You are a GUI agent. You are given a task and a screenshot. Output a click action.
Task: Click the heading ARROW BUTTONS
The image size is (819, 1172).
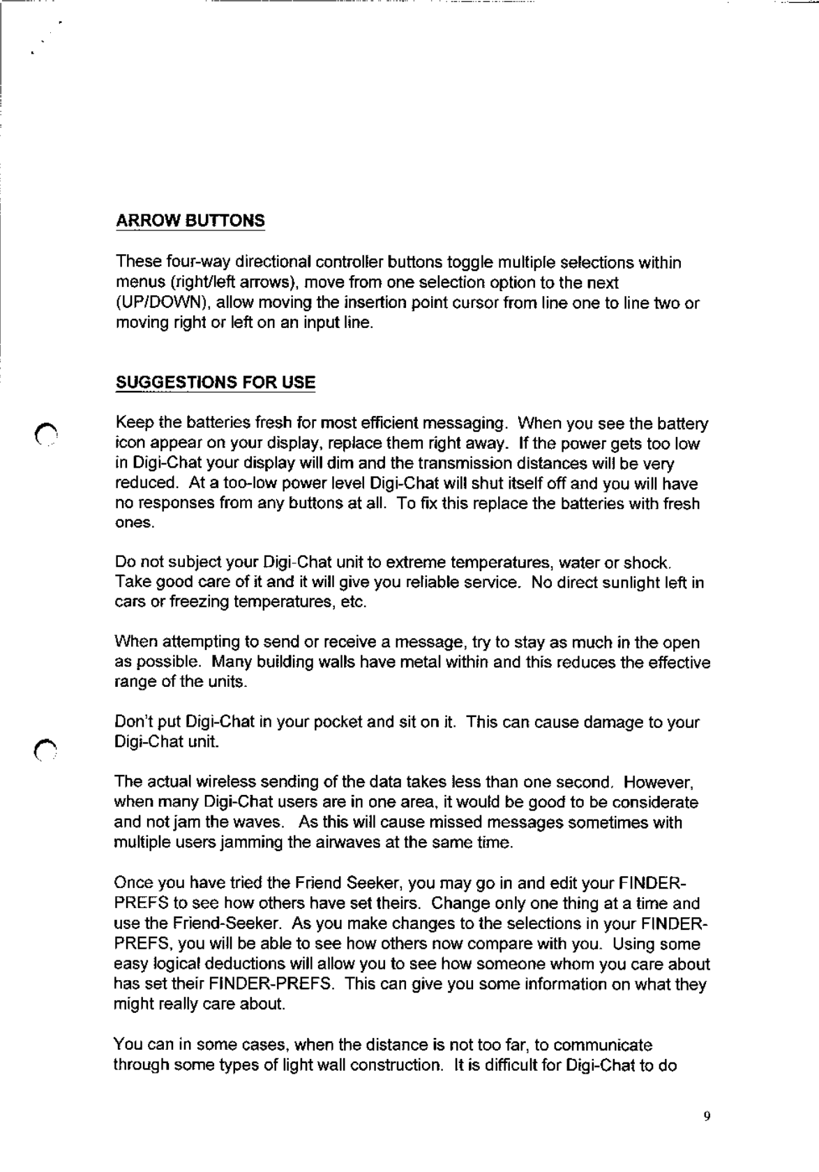coord(190,221)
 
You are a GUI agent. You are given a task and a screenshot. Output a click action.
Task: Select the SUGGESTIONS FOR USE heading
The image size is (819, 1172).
coord(215,383)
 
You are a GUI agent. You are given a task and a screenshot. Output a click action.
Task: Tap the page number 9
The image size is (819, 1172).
coord(706,1117)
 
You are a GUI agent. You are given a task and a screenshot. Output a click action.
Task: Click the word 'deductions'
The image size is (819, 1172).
coord(238,965)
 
